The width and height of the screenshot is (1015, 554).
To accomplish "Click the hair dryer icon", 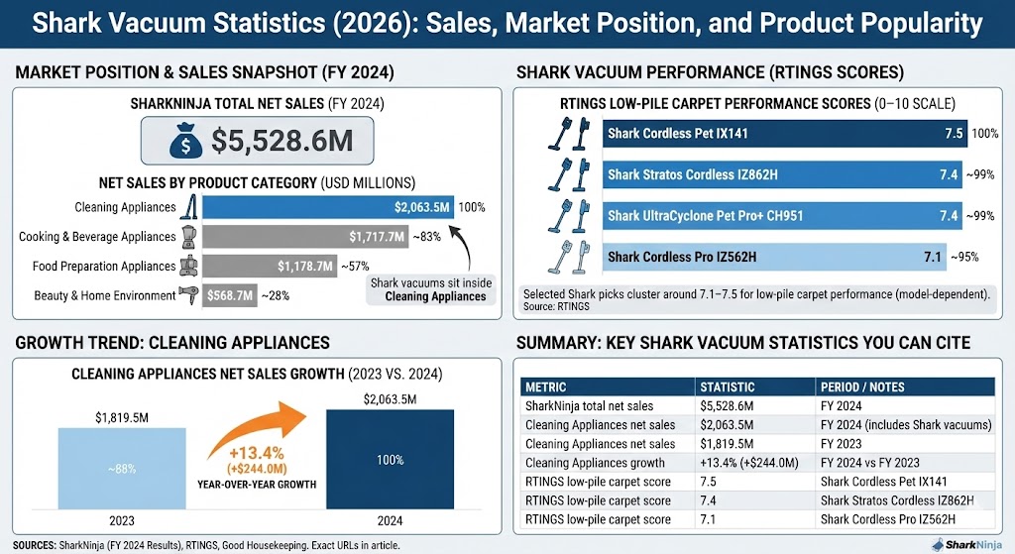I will pyautogui.click(x=188, y=294).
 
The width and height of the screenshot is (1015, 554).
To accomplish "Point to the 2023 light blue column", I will pyautogui.click(x=121, y=470).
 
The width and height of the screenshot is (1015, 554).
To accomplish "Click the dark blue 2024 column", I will pyautogui.click(x=390, y=462).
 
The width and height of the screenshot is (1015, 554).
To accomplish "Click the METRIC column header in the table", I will pyautogui.click(x=546, y=387).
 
